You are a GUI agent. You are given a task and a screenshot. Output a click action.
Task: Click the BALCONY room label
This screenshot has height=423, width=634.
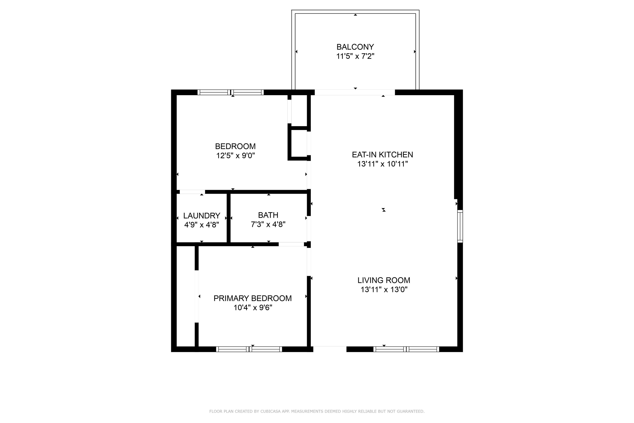coord(355,47)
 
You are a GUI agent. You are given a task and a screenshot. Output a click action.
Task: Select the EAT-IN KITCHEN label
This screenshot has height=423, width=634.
coord(382,155)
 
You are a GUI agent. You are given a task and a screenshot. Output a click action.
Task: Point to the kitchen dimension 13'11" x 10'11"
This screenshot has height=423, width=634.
coord(382,164)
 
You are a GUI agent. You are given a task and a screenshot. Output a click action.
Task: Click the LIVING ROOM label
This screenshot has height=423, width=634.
coord(384,280)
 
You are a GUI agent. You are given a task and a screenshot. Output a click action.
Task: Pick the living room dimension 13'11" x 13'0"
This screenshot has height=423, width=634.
coord(384,290)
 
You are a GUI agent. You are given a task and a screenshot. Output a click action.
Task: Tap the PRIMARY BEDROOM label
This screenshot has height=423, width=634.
coord(252,298)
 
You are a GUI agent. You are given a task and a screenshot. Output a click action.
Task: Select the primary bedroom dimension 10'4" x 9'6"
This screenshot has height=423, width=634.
coord(253,308)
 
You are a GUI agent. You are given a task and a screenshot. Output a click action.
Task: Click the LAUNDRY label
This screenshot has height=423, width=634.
coord(202,216)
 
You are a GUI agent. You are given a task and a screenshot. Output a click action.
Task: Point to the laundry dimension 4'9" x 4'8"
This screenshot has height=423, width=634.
coord(202,225)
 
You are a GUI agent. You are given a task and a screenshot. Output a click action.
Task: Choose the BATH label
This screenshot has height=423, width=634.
coord(268,215)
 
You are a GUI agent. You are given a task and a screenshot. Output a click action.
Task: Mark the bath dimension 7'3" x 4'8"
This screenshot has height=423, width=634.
coord(268,224)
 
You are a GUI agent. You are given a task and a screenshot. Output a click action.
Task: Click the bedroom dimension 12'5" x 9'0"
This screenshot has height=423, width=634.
coord(235,156)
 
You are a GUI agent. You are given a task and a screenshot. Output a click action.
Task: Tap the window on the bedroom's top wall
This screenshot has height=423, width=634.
coord(231,92)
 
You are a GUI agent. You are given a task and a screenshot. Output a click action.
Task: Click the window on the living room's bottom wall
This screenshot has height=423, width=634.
coord(406,349)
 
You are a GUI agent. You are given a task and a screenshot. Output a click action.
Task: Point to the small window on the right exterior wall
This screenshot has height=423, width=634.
coord(460,226)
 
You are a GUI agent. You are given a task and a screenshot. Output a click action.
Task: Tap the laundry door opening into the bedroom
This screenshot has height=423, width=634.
coord(192,192)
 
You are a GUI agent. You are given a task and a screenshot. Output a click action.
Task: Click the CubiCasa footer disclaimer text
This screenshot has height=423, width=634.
coord(317,411)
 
